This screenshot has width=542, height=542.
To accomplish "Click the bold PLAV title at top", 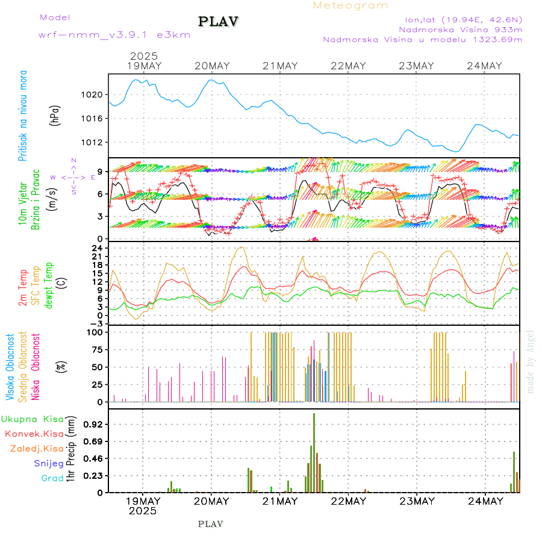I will click(219, 21).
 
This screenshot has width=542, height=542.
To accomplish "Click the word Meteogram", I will click(350, 5).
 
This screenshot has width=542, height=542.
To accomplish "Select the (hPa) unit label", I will click(55, 115).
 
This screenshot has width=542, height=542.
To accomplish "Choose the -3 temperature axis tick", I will click(96, 323).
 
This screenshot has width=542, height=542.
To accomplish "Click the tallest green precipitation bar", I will click(314, 452).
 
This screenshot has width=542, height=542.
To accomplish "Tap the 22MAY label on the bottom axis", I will click(348, 501).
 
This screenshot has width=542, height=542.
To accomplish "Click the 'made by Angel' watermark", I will click(531, 361).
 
